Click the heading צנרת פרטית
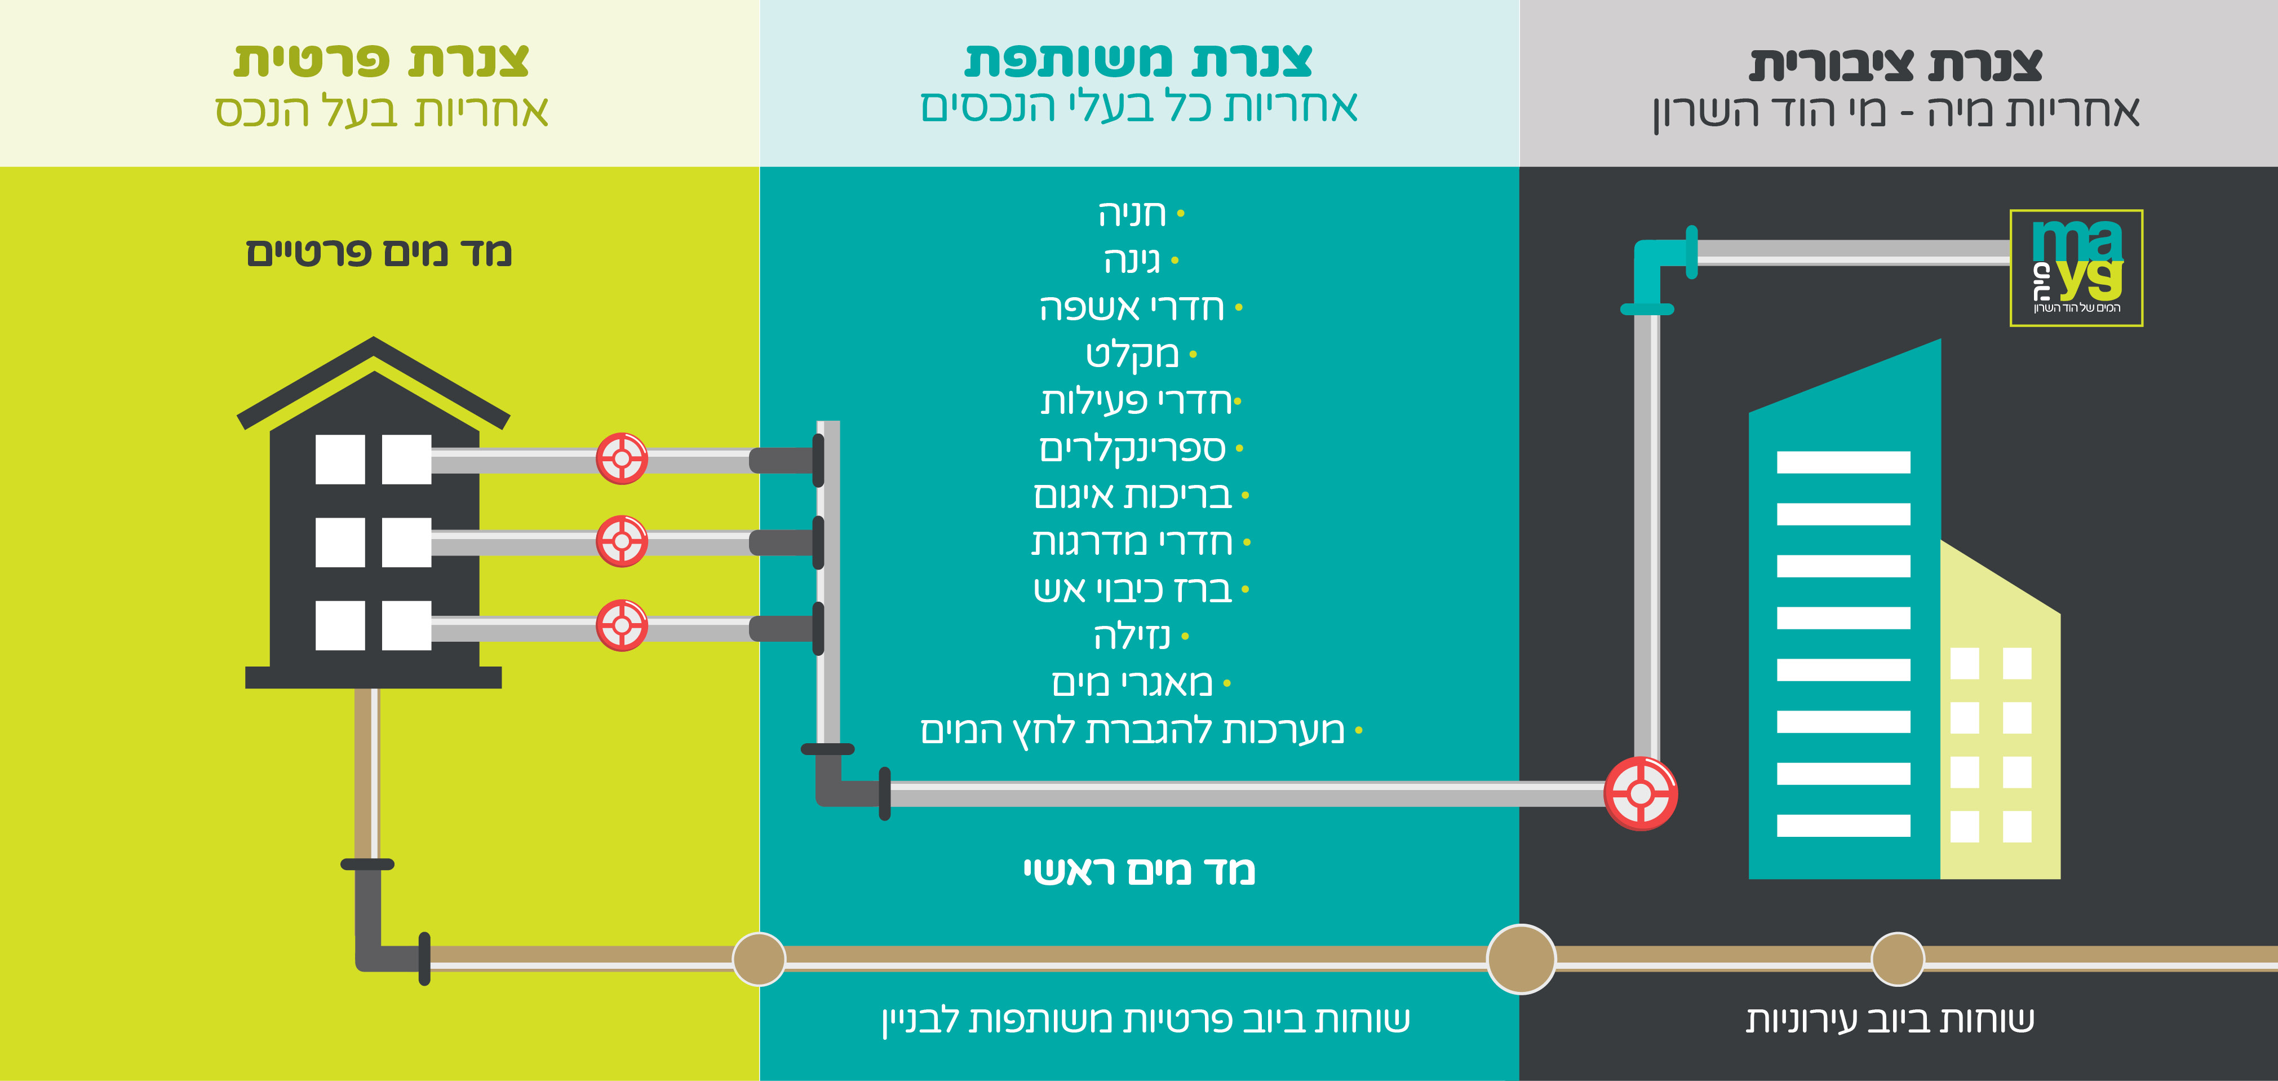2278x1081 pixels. (x=381, y=61)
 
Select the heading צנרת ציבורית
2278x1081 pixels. (x=1895, y=64)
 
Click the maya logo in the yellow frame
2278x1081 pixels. (x=2076, y=267)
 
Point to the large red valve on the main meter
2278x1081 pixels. (x=1641, y=793)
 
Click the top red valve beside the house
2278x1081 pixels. (x=622, y=458)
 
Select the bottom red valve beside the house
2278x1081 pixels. (x=622, y=625)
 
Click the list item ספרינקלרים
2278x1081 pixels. (x=1133, y=448)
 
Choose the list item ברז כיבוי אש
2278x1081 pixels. (x=1133, y=589)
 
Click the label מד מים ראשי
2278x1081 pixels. (x=1139, y=871)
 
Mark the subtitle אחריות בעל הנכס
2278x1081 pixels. (x=381, y=112)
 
